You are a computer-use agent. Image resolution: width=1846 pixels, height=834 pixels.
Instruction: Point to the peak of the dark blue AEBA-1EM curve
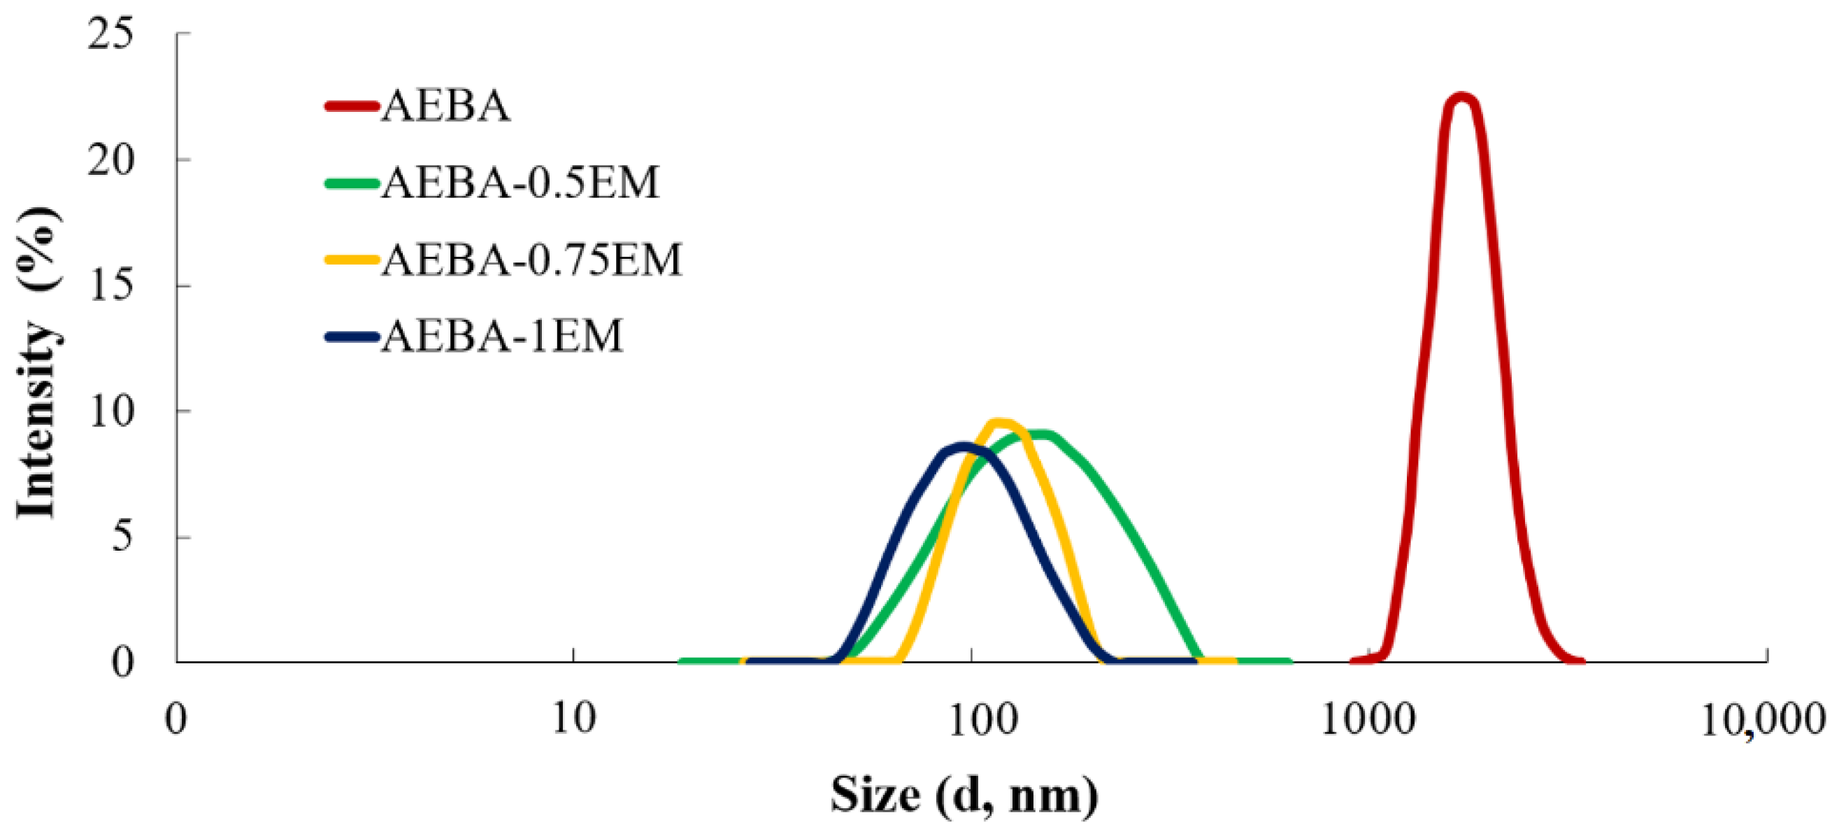click(964, 446)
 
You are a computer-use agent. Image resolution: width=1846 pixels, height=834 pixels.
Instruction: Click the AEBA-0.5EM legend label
click(520, 183)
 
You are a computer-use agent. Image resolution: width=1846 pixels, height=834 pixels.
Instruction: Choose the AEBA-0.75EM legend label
click(531, 260)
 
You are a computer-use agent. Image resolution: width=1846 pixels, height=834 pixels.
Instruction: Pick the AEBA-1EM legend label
click(501, 336)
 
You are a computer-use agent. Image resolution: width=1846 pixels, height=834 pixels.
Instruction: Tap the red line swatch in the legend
click(351, 106)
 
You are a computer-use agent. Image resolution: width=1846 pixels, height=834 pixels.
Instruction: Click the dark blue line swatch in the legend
click(351, 336)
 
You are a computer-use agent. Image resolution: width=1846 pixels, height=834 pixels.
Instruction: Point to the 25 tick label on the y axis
click(110, 34)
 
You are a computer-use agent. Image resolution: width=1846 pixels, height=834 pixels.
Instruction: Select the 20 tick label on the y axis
click(110, 160)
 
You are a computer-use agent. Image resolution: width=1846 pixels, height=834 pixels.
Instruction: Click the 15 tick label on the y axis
click(110, 285)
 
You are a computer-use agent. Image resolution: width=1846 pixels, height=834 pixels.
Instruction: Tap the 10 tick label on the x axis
click(573, 719)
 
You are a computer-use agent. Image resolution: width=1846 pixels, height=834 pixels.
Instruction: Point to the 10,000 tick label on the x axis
click(1762, 719)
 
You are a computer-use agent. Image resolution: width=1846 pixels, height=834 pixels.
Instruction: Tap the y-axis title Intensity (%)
click(37, 362)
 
